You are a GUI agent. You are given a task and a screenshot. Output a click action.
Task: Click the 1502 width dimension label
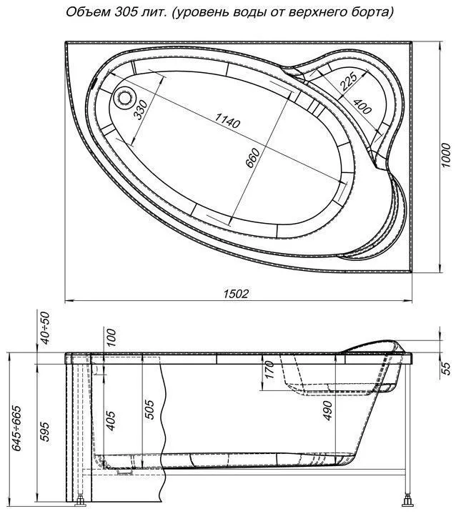(x=236, y=293)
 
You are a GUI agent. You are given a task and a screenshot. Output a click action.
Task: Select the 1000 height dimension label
(x=445, y=155)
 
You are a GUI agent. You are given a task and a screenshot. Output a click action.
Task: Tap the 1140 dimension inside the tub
(x=227, y=121)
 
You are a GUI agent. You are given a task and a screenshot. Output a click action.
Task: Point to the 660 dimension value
(x=253, y=158)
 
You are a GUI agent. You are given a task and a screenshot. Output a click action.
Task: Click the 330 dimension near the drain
(x=141, y=109)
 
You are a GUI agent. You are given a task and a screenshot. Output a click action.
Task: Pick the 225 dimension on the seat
(x=348, y=81)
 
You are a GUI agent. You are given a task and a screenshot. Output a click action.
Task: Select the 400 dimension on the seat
(x=362, y=106)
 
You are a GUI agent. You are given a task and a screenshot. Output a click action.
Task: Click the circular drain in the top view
(x=124, y=97)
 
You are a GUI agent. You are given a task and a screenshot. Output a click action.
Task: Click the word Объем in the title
(x=88, y=12)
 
